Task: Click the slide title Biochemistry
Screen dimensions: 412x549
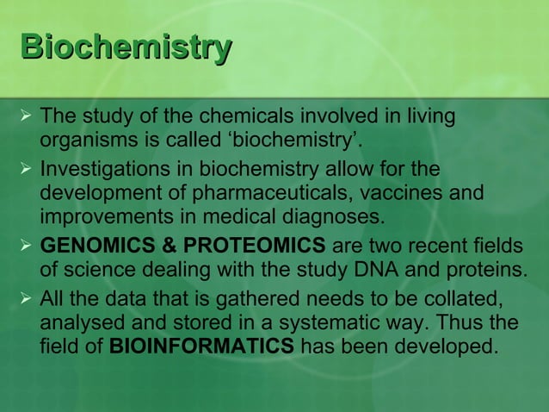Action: (x=126, y=47)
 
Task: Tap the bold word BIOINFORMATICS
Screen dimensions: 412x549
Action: (x=202, y=348)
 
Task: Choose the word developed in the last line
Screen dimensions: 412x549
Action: (x=448, y=348)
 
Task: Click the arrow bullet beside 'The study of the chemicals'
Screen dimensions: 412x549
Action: (x=24, y=115)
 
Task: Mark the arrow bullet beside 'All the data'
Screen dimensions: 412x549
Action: (x=24, y=298)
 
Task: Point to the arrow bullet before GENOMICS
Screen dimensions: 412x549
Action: (x=24, y=245)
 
